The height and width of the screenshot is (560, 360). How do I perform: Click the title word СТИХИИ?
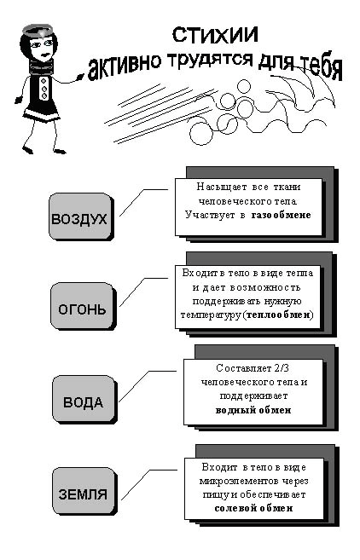click(x=215, y=35)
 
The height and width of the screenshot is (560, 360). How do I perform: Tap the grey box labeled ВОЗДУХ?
click(x=80, y=216)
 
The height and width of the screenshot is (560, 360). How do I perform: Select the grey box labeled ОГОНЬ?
click(x=82, y=306)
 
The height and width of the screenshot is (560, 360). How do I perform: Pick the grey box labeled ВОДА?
click(x=84, y=399)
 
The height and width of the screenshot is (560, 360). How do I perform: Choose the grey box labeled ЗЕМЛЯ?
click(x=84, y=492)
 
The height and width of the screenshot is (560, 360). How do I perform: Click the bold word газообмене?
click(x=281, y=215)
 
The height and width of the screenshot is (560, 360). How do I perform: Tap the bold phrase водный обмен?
click(x=253, y=410)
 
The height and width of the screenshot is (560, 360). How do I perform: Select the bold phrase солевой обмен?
click(x=253, y=508)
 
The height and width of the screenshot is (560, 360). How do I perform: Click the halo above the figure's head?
click(x=38, y=29)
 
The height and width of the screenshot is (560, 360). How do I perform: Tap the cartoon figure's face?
click(x=42, y=48)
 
